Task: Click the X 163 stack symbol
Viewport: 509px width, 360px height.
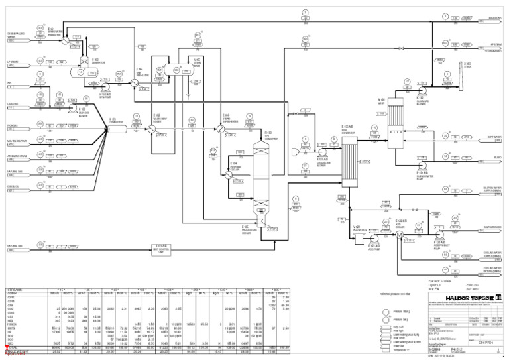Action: tap(449, 70)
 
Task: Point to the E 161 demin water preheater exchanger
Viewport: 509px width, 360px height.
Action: tap(65, 40)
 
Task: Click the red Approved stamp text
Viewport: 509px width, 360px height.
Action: tap(14, 353)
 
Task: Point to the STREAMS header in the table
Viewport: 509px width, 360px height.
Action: tap(15, 290)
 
